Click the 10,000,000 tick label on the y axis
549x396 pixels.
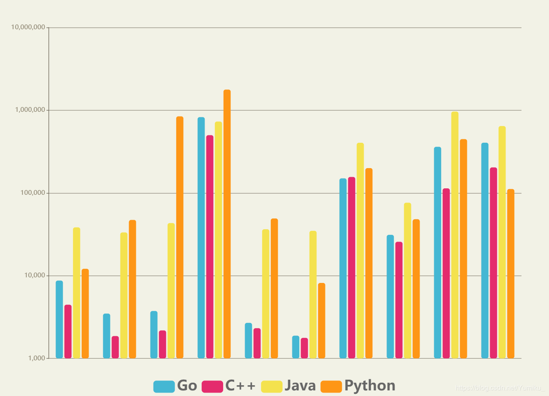(28, 28)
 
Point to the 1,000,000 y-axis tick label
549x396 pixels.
(30, 110)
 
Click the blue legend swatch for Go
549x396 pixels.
(164, 386)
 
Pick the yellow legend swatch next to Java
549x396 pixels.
(272, 386)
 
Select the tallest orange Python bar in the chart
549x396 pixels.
(227, 224)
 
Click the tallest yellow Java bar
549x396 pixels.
(455, 235)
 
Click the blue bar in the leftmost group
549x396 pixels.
(59, 319)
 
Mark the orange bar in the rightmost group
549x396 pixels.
(511, 273)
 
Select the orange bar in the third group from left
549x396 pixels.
(180, 237)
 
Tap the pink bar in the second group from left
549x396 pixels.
(115, 347)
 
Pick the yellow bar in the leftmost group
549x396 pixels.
(77, 292)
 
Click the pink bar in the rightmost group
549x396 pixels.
(494, 263)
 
